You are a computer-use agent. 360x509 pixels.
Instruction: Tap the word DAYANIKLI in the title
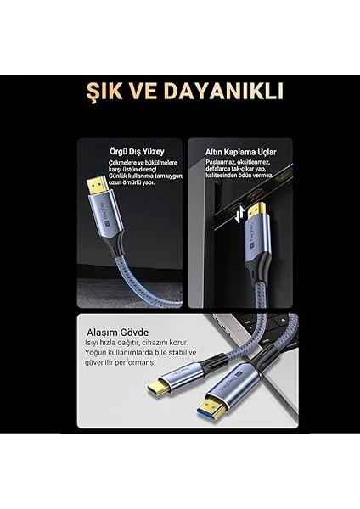pos(228,92)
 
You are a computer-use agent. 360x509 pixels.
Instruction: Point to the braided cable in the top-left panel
pos(144,284)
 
